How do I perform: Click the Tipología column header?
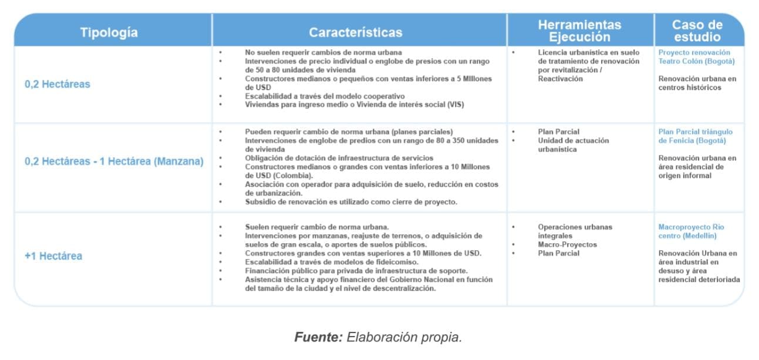(109, 32)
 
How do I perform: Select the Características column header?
(356, 32)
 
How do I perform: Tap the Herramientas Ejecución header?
(579, 31)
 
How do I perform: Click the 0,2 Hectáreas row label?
(58, 84)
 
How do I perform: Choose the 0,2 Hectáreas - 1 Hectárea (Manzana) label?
(114, 162)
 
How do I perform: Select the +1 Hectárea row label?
(53, 256)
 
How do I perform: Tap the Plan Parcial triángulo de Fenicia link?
(695, 136)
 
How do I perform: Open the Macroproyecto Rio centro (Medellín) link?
(691, 231)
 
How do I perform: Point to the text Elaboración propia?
(404, 338)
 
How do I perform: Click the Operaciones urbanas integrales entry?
(574, 231)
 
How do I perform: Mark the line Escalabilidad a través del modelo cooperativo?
(325, 96)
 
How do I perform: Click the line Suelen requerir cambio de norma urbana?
(317, 227)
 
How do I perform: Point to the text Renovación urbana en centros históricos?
(697, 83)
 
